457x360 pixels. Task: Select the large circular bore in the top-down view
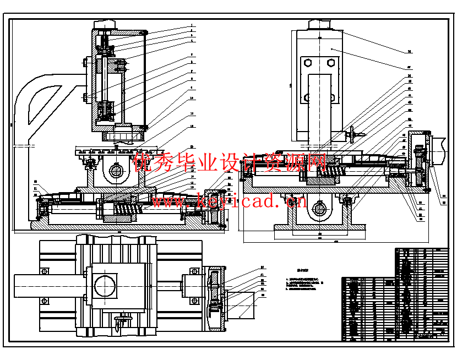pos(105,286)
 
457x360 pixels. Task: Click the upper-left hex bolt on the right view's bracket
pos(307,63)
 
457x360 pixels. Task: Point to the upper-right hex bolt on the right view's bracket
pos(331,63)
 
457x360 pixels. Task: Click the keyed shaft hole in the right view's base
pos(320,209)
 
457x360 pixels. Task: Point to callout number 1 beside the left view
pos(192,25)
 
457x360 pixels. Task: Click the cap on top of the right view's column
pos(320,25)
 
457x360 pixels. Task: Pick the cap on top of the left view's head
pos(106,25)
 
